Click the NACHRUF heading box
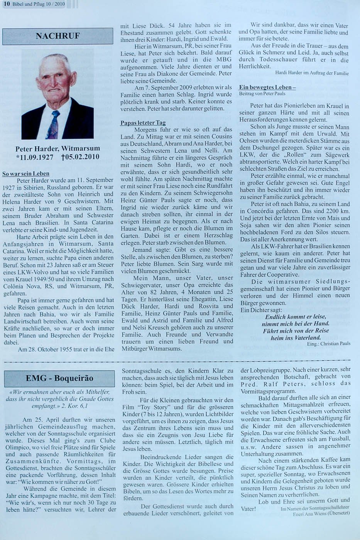[x=58, y=37]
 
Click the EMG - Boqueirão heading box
[x=59, y=378]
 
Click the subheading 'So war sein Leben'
[x=26, y=174]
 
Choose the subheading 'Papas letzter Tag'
[x=143, y=123]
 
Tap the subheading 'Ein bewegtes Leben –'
[x=267, y=88]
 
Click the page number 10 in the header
[x=7, y=4]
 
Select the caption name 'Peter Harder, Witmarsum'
[x=57, y=148]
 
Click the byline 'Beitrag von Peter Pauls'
[x=262, y=94]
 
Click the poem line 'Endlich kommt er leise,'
[x=295, y=317]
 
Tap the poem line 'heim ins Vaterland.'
[x=296, y=337]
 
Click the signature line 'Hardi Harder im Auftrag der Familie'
[x=312, y=73]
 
